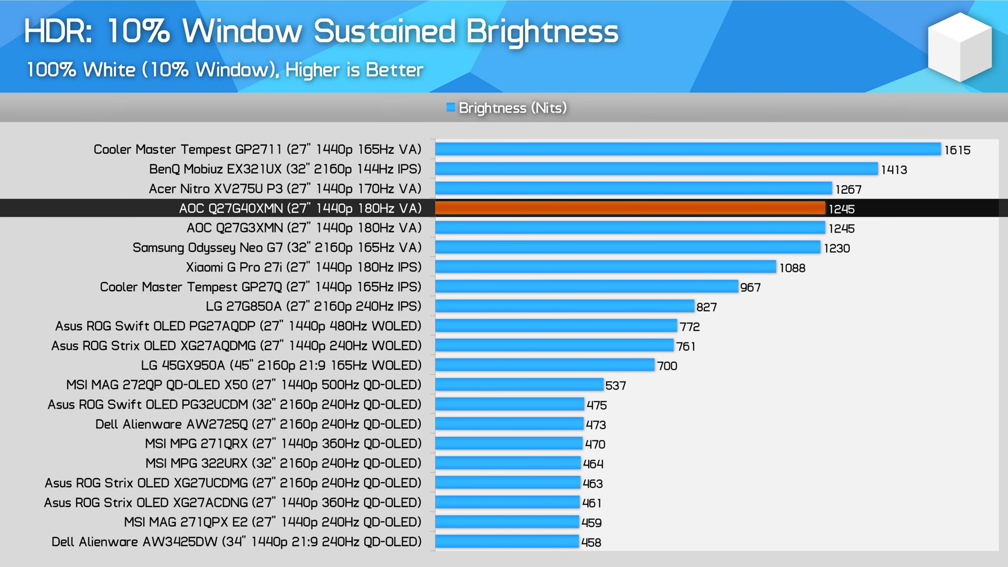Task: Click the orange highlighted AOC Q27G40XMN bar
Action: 630,208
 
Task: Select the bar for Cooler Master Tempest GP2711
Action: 688,149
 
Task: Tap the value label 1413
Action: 894,169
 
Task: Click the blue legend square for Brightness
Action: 451,107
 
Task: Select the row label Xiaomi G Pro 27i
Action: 303,267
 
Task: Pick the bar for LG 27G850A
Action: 564,306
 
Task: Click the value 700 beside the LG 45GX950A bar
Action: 667,366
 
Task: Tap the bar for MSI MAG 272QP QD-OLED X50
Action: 519,385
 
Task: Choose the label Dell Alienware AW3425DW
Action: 236,542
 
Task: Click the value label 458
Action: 591,543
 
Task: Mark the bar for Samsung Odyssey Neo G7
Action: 627,248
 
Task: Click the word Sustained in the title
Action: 384,31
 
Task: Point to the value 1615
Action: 957,150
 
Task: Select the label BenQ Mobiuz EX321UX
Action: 285,169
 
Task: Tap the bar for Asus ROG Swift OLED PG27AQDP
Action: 555,326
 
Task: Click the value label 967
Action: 750,288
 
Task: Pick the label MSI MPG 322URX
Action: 283,463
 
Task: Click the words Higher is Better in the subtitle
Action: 354,70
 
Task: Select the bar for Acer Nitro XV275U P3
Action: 633,189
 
